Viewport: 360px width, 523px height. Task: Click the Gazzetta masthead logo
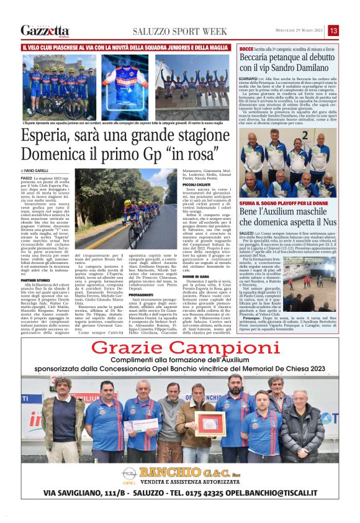point(45,30)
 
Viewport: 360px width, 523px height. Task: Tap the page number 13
point(333,30)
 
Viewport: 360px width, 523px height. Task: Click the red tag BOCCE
point(246,48)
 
